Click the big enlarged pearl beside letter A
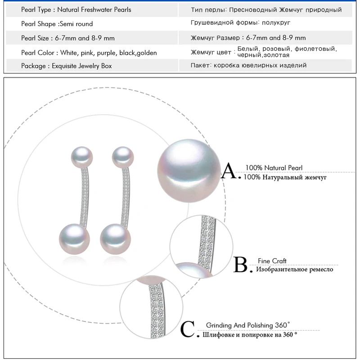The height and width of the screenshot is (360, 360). (x=189, y=172)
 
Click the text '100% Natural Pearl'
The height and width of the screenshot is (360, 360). (x=274, y=168)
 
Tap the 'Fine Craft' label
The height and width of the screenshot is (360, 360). (x=272, y=261)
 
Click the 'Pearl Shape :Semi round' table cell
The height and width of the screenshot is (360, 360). (x=57, y=24)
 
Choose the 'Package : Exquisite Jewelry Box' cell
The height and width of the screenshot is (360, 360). (x=67, y=66)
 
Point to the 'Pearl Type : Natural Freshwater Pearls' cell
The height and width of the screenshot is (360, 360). (x=76, y=9)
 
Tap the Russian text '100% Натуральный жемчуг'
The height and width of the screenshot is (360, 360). (x=285, y=177)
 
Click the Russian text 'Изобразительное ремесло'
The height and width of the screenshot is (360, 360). (x=294, y=270)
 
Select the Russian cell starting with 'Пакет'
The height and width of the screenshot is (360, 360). (x=248, y=65)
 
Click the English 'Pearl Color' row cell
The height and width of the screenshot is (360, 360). (x=89, y=53)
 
